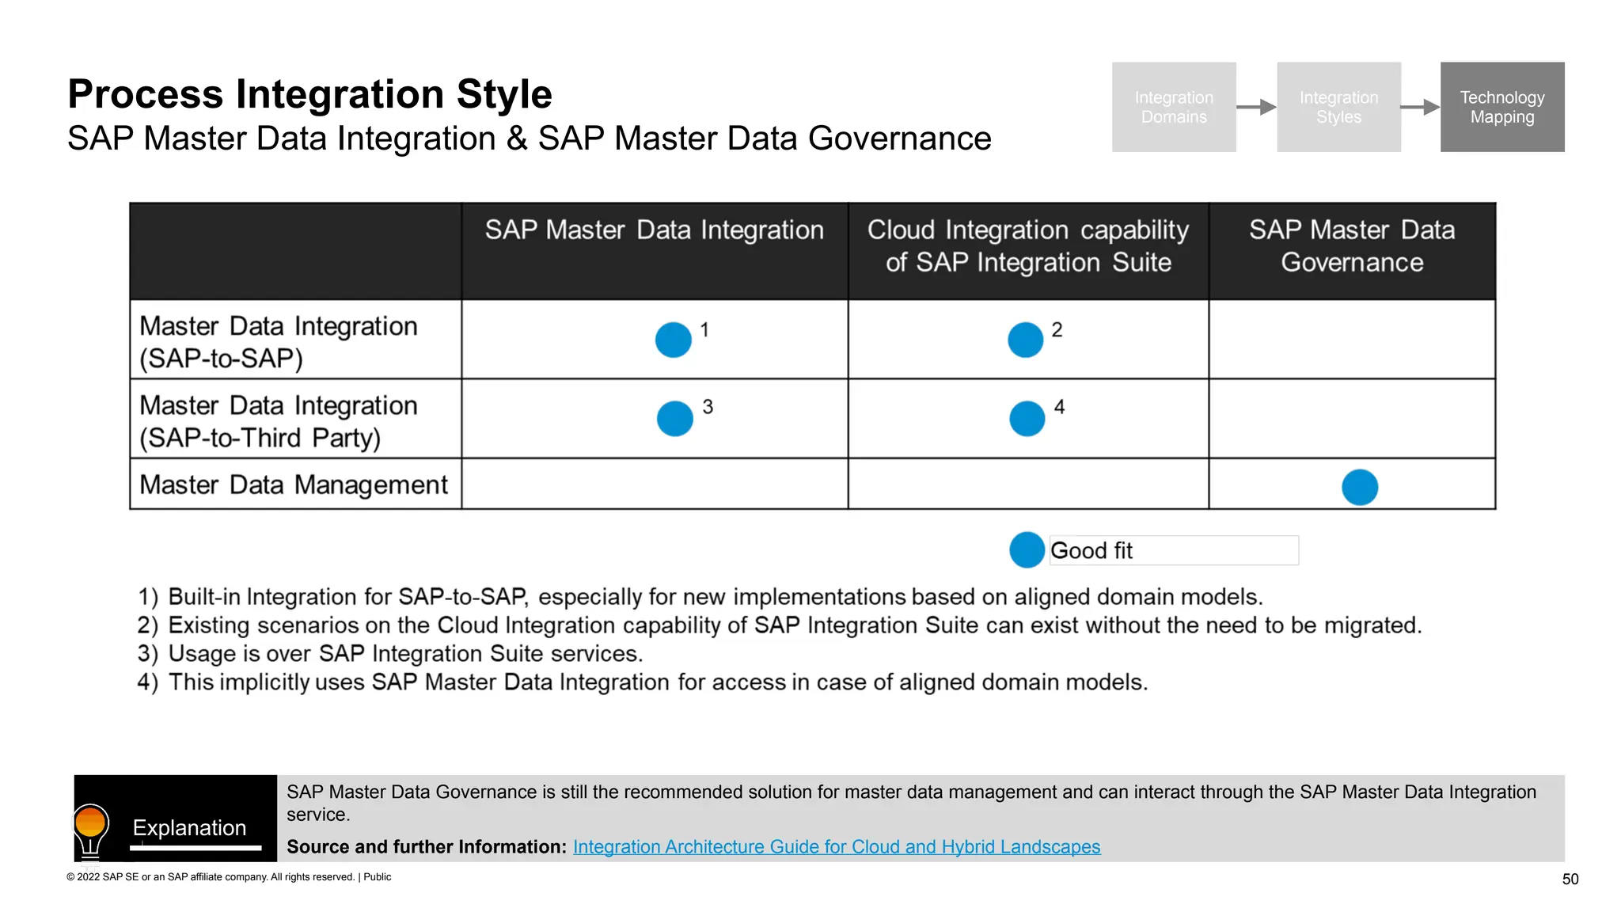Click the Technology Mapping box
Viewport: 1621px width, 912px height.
[x=1501, y=107]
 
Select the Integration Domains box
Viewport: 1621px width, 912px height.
[x=1173, y=107]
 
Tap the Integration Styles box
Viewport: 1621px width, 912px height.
[x=1338, y=107]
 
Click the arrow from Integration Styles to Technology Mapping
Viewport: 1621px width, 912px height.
[x=1420, y=107]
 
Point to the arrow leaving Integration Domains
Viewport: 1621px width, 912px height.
[x=1256, y=107]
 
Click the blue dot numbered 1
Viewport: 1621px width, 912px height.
[x=674, y=340]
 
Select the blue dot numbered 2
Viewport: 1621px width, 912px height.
[x=1025, y=340]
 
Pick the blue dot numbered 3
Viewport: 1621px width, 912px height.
[x=675, y=418]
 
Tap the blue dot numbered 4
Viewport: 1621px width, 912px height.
[x=1027, y=418]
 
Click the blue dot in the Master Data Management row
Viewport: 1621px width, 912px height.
[x=1360, y=487]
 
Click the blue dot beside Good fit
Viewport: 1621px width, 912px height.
[x=1027, y=549]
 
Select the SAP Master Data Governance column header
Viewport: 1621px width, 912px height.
[x=1352, y=246]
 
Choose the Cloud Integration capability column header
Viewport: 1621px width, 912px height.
[x=1028, y=246]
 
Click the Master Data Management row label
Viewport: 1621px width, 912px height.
[x=294, y=484]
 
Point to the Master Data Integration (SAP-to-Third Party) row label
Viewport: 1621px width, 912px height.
[x=278, y=421]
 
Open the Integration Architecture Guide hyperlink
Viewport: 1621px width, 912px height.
[x=836, y=846]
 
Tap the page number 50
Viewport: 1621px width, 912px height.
[x=1570, y=879]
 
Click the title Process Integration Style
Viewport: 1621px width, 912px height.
[x=309, y=94]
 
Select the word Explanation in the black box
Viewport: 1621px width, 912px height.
[x=189, y=827]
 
